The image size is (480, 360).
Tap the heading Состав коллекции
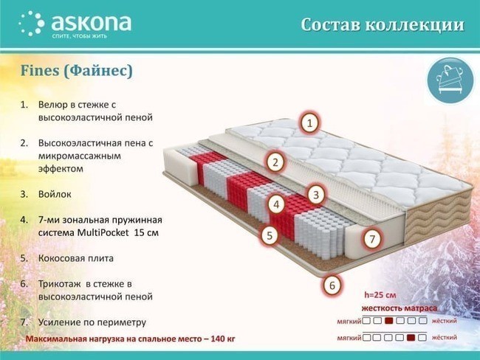(x=383, y=25)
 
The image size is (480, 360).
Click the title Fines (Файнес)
(x=77, y=71)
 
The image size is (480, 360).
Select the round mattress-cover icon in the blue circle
(x=450, y=80)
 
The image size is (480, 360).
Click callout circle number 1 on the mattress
(x=310, y=123)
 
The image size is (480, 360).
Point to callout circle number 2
(x=275, y=162)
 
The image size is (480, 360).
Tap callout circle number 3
(x=316, y=195)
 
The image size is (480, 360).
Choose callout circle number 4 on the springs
(x=276, y=204)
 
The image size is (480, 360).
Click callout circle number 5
(x=270, y=235)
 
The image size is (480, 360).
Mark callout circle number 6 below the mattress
(x=332, y=285)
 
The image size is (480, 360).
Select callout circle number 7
(x=372, y=238)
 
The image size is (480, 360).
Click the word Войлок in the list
(x=55, y=194)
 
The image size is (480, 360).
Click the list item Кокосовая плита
(x=76, y=258)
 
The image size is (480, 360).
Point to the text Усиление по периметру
(x=92, y=322)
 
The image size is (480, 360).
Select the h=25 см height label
(x=380, y=295)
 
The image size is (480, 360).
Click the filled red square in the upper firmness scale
(x=388, y=321)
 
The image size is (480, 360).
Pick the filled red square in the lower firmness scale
(x=411, y=338)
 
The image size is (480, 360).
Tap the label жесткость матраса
(x=400, y=308)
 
